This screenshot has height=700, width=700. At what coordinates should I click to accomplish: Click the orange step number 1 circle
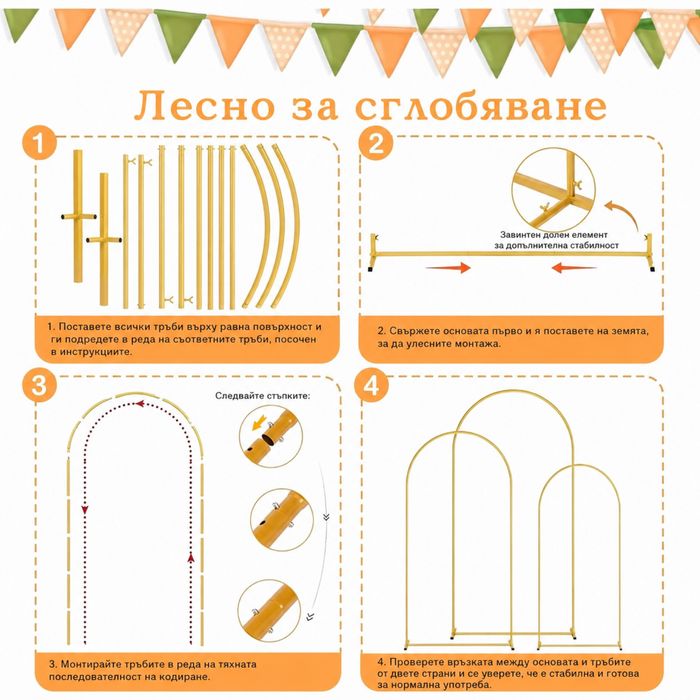39,142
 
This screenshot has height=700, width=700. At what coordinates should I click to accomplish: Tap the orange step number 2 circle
376,143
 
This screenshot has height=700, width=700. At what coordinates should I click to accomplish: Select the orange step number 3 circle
39,385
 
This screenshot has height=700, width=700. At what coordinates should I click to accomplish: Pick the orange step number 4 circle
371,385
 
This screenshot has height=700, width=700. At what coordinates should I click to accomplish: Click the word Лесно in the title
204,106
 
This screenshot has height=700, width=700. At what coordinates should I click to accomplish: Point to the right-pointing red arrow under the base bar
448,267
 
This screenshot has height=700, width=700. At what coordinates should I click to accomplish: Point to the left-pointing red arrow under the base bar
574,267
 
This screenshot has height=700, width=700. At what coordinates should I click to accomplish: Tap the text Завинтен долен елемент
554,234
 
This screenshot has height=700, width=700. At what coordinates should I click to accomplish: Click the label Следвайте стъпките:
262,396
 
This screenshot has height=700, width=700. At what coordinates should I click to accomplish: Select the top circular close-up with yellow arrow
271,436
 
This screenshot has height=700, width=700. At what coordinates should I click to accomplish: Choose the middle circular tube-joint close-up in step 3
281,520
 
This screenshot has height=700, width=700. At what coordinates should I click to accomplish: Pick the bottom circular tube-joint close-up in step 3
269,611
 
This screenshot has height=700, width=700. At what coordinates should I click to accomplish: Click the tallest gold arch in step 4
513,392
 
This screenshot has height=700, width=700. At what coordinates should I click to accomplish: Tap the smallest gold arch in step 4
579,466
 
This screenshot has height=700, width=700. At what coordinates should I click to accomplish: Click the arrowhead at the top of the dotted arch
140,404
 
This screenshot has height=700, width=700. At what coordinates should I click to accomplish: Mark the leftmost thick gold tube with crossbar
78,217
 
